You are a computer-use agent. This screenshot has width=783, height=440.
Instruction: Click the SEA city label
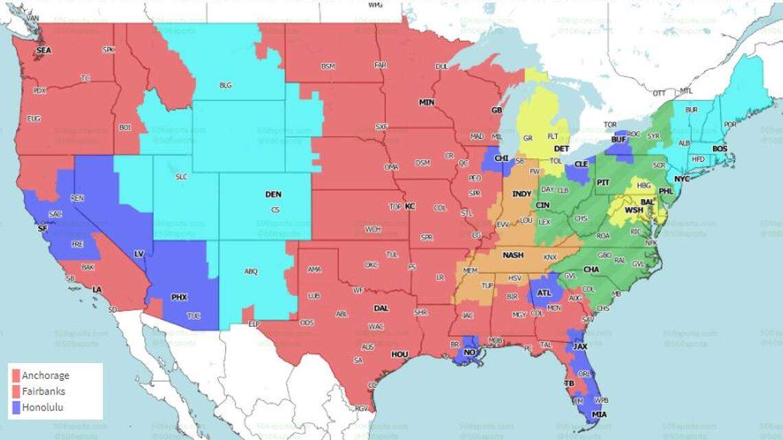43,50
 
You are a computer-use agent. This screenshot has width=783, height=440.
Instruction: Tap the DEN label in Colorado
273,194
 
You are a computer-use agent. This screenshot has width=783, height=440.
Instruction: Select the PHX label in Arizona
179,297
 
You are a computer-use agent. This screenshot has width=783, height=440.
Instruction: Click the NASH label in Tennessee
512,255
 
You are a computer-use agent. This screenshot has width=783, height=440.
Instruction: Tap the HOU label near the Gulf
399,354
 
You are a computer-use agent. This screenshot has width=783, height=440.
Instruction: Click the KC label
410,206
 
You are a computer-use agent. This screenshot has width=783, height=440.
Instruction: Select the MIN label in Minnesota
427,102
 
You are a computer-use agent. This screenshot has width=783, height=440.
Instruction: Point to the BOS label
719,148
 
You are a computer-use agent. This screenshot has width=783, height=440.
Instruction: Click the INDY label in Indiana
522,194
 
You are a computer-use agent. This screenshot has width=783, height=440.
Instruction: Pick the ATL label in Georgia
545,293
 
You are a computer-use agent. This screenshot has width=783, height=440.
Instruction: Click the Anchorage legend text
45,375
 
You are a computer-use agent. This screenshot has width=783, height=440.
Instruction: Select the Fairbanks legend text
44,391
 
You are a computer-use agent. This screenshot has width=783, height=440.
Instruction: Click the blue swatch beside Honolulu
15,406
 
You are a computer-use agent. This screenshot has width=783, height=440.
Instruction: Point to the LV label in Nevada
139,254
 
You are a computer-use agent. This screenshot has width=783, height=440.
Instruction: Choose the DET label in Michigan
561,148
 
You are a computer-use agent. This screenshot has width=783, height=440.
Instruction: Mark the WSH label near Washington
633,209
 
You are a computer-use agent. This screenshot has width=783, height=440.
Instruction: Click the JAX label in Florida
580,347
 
